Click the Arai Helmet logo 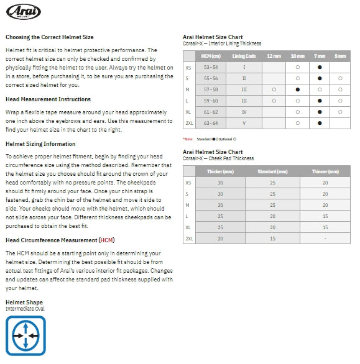click(x=24, y=12)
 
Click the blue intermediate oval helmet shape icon click(x=25, y=335)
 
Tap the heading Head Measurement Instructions click(x=48, y=99)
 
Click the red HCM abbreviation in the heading click(x=106, y=240)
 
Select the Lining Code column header click(x=244, y=56)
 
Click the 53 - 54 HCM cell click(x=211, y=67)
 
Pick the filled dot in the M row click(x=297, y=89)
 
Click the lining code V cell click(x=244, y=123)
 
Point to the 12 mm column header click(x=274, y=56)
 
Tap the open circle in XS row click(x=297, y=67)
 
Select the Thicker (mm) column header click(x=220, y=171)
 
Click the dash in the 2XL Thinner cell click(x=325, y=239)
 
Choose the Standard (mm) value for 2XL click(x=272, y=239)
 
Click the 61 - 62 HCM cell click(x=211, y=112)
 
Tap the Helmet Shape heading click(x=24, y=303)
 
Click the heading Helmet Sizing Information click(x=40, y=144)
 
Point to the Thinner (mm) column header click(x=325, y=171)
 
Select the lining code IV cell click(x=244, y=112)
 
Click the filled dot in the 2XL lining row click(x=320, y=123)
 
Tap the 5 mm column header click(x=340, y=56)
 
